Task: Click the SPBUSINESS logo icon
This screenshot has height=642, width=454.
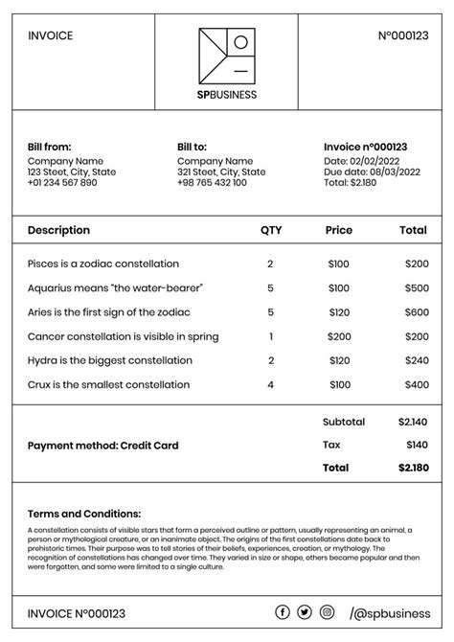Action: point(227,56)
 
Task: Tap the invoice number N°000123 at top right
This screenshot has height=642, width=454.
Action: point(403,36)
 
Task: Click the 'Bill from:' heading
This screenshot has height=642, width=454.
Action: point(50,147)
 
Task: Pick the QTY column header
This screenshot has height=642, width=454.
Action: point(271,230)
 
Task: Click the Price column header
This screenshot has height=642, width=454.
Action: point(339,230)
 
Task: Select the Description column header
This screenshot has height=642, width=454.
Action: point(58,230)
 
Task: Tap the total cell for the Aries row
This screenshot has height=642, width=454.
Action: point(416,312)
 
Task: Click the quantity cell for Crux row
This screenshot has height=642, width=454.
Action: point(271,385)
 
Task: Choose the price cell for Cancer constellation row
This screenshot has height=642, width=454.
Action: point(339,336)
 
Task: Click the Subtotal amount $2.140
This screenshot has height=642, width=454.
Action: point(413,422)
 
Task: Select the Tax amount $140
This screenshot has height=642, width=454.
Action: point(417,445)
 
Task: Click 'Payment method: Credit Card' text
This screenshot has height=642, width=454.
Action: point(102,446)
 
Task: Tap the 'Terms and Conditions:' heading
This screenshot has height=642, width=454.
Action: point(84,514)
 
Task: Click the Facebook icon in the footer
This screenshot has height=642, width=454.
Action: point(283,612)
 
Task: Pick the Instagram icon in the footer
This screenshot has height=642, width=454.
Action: point(327,612)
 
